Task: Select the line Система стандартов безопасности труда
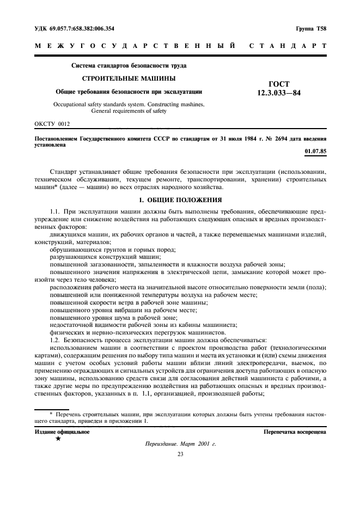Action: [x=129, y=66]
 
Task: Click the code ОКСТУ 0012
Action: [x=52, y=124]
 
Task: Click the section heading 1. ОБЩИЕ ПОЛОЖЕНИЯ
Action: [x=180, y=200]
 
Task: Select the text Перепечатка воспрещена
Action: [x=295, y=432]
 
